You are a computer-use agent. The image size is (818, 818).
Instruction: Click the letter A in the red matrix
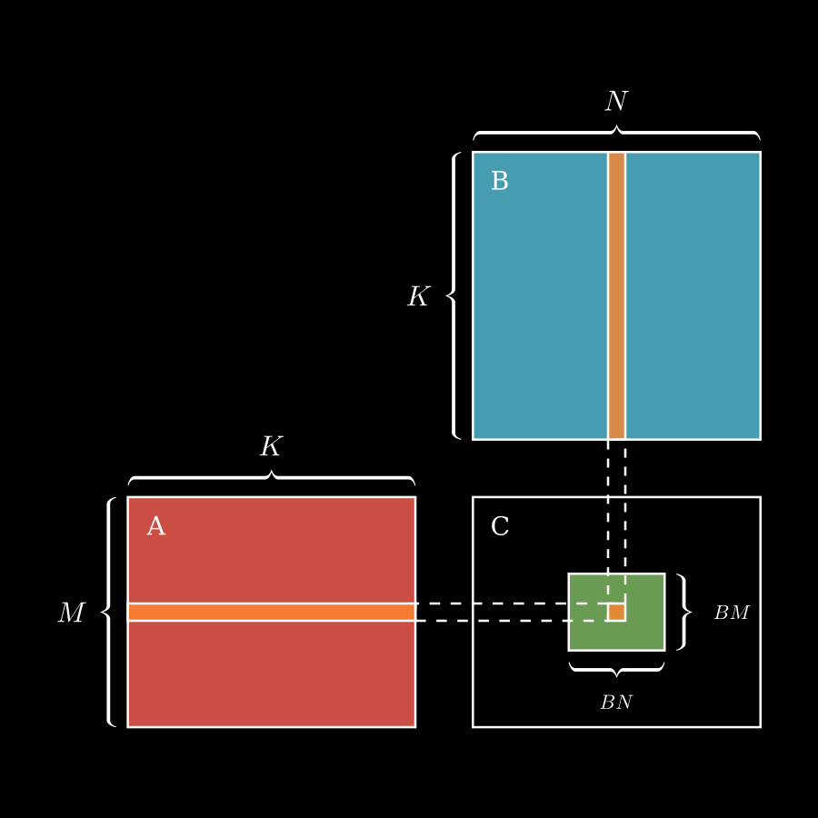coord(155,527)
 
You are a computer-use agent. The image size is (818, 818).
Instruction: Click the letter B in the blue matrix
coord(499,182)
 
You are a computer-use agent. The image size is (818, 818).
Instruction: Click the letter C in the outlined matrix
coord(499,527)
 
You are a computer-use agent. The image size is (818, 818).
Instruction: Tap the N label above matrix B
coord(616,102)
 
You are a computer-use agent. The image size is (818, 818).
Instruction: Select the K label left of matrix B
coord(417,297)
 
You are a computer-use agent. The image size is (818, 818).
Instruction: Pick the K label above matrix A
coord(271,447)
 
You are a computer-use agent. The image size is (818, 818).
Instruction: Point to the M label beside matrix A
coord(71,613)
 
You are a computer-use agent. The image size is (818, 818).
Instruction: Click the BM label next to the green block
coord(731,613)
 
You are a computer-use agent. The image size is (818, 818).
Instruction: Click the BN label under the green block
coord(616,703)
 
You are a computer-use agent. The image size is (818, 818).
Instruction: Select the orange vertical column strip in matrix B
coord(616,295)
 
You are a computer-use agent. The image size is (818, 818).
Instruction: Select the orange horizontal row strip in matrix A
coord(271,612)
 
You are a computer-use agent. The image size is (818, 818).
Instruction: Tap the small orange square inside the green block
coord(616,612)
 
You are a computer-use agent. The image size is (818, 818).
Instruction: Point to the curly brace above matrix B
coord(616,133)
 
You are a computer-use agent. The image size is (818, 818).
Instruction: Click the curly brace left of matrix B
coord(454,295)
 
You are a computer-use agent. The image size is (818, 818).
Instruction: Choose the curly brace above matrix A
coord(271,478)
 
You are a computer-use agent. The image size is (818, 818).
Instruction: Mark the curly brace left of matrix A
coord(109,612)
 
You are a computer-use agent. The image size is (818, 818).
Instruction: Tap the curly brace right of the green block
coord(684,612)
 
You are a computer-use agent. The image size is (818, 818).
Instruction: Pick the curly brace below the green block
coord(616,669)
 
